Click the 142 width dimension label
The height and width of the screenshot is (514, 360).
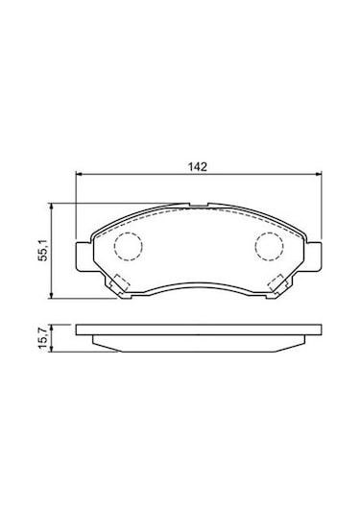[x=198, y=167]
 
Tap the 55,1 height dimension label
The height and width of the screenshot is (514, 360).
[x=43, y=250]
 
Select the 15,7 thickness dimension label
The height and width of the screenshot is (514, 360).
[x=43, y=337]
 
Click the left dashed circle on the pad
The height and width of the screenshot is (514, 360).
[x=128, y=233]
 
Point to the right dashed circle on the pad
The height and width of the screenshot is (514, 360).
[x=269, y=233]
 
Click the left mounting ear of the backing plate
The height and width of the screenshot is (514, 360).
[x=84, y=257]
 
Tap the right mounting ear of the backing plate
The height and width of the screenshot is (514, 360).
[x=313, y=257]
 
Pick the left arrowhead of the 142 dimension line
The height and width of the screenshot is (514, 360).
[x=79, y=175]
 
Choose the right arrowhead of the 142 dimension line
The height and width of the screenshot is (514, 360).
[x=319, y=175]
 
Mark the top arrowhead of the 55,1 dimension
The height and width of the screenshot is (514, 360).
[x=51, y=206]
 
